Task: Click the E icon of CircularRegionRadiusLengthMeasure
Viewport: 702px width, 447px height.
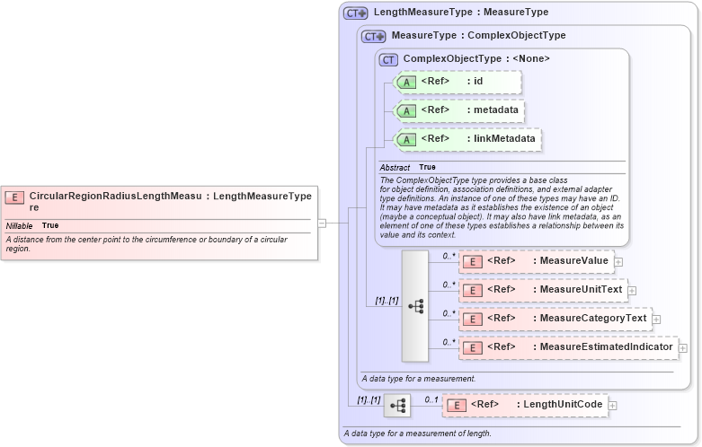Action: [x=14, y=197]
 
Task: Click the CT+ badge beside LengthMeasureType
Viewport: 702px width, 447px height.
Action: [x=356, y=13]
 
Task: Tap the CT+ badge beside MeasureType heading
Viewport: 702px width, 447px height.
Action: [x=374, y=36]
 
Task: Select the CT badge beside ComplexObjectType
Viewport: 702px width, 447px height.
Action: [x=388, y=59]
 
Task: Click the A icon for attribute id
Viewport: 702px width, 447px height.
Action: [x=406, y=83]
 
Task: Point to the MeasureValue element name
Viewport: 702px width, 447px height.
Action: [x=571, y=261]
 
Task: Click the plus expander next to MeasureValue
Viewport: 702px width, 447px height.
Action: [x=618, y=261]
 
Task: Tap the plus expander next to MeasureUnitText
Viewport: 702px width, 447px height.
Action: [x=632, y=290]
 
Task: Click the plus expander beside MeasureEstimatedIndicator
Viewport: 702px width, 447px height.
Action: [x=683, y=347]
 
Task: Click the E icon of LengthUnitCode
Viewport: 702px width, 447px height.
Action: [x=456, y=405]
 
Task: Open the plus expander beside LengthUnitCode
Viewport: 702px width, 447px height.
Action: [x=613, y=406]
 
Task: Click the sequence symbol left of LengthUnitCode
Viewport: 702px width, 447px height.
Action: [x=396, y=406]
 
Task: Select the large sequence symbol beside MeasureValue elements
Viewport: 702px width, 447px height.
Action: [x=415, y=305]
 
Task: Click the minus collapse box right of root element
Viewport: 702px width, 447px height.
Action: [x=322, y=223]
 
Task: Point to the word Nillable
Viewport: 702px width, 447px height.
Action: [x=20, y=225]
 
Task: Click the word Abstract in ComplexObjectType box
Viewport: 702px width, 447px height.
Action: [x=395, y=167]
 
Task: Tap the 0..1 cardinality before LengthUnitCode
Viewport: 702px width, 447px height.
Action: [x=431, y=399]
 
